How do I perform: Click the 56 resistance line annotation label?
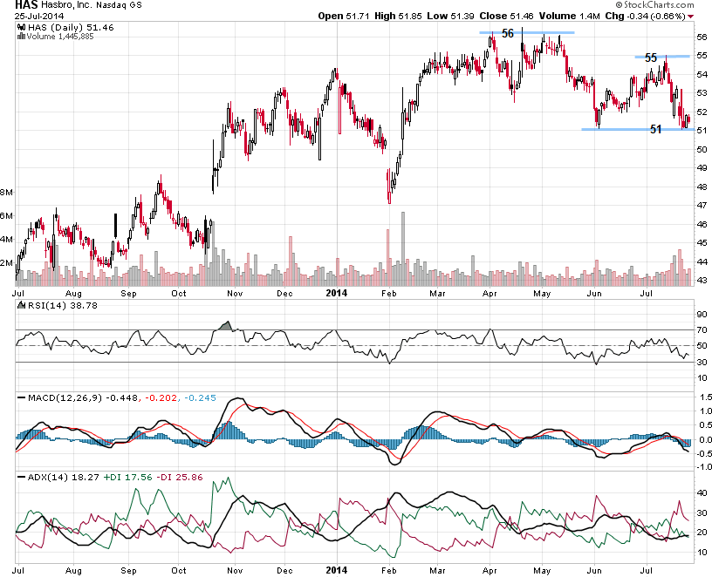tap(508, 33)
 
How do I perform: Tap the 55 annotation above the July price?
tap(651, 58)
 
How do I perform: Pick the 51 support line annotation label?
tap(656, 129)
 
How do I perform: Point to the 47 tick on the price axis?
tap(702, 206)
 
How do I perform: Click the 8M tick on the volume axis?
tap(7, 192)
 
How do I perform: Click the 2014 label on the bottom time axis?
tap(336, 570)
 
